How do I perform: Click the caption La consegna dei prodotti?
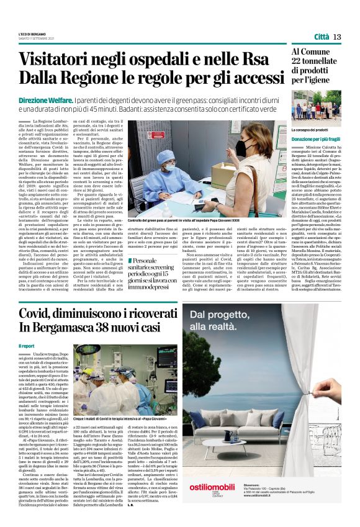314,130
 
